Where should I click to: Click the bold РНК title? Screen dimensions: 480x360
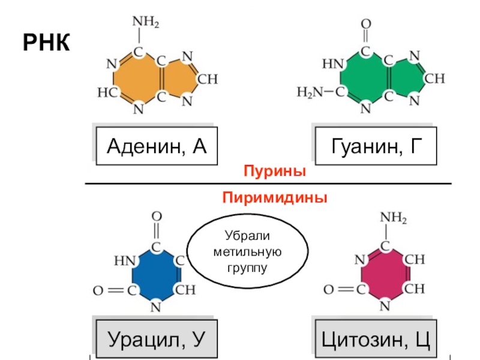(x=46, y=42)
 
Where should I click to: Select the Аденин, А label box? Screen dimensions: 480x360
(x=157, y=146)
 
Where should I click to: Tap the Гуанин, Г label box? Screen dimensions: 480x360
(x=376, y=146)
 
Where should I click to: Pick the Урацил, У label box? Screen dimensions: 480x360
(x=157, y=339)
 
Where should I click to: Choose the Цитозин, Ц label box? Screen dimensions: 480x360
(x=376, y=339)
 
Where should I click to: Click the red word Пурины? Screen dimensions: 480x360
(x=275, y=171)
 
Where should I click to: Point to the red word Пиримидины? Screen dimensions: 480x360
(x=275, y=197)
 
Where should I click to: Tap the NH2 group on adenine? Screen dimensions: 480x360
(x=146, y=22)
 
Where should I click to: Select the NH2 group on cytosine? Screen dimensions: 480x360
(x=394, y=218)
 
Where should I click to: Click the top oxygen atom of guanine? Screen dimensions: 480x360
(x=366, y=23)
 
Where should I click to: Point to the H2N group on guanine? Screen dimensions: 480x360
(x=310, y=92)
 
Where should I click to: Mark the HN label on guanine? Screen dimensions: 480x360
(x=333, y=64)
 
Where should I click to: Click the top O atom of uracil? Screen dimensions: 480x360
(x=157, y=217)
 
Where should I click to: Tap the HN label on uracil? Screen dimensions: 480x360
(x=125, y=261)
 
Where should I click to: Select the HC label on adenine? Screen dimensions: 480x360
(x=107, y=92)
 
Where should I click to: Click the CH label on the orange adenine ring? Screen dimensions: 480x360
(x=208, y=79)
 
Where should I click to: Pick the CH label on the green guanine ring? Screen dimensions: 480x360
(x=434, y=79)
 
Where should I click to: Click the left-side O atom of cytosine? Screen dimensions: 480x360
(x=328, y=289)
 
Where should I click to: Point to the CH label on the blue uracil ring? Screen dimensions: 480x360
(x=185, y=290)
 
